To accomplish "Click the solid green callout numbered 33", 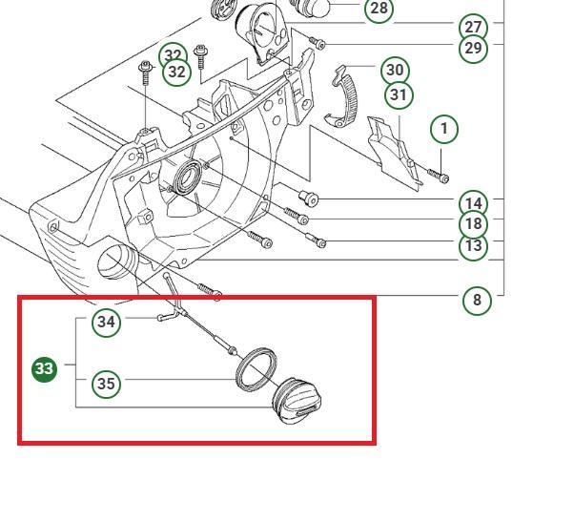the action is pos(44,369).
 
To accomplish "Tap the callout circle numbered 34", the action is pos(106,322).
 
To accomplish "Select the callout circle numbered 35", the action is pos(106,384).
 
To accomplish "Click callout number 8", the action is pos(477,301).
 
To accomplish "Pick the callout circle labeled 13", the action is pos(473,246).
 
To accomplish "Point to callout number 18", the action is pos(473,224).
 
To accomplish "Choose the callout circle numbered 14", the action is pos(473,203).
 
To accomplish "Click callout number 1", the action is pos(444,129).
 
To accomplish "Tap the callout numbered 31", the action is pos(399,94).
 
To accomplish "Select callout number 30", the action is pos(395,70).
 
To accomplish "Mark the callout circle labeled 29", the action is pos(473,48).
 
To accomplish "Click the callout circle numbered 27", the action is pos(473,27).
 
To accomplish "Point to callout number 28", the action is pos(379,8).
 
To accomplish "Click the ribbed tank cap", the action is pos(297,401).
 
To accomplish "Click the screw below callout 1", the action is pos(439,176).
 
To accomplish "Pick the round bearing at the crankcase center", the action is pos(188,177).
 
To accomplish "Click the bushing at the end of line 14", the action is pos(309,198).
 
